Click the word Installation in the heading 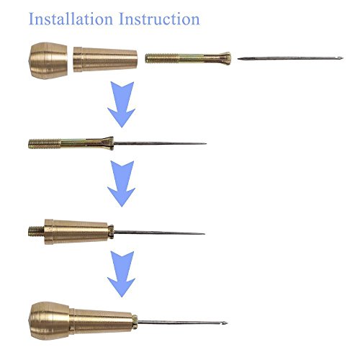pyautogui.click(x=71, y=19)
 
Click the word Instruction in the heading pyautogui.click(x=159, y=19)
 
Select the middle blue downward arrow pyautogui.click(x=122, y=184)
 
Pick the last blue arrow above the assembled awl pyautogui.click(x=122, y=274)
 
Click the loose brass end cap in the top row pyautogui.click(x=48, y=60)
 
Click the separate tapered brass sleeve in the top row pyautogui.click(x=105, y=60)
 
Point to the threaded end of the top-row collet pyautogui.click(x=162, y=58)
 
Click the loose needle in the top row pyautogui.click(x=290, y=58)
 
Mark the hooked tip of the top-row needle pyautogui.click(x=340, y=58)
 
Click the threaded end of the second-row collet pyautogui.click(x=45, y=144)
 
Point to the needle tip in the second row pyautogui.click(x=205, y=144)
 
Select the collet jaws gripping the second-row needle pyautogui.click(x=108, y=143)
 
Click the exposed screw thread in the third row pyautogui.click(x=36, y=231)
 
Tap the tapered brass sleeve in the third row pyautogui.click(x=76, y=232)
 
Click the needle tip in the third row pyautogui.click(x=204, y=233)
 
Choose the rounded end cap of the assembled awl pyautogui.click(x=49, y=321)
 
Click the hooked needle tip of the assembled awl pyautogui.click(x=225, y=323)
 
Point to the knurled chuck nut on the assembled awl pyautogui.click(x=135, y=322)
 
